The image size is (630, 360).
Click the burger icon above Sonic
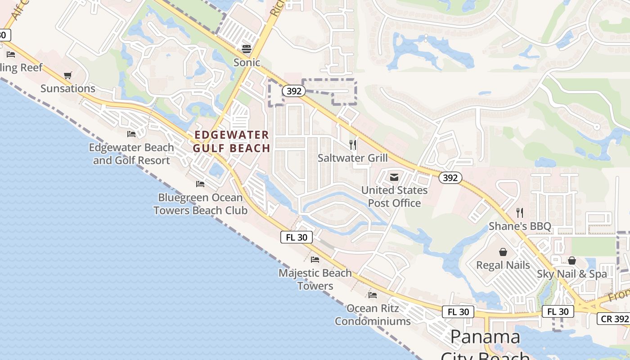tap(247, 48)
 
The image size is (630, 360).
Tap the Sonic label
tap(247, 62)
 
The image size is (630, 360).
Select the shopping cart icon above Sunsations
tap(67, 75)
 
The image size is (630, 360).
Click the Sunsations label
tap(68, 88)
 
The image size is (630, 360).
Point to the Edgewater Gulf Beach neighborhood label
tap(232, 141)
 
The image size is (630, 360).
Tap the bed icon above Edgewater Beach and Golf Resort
tap(131, 134)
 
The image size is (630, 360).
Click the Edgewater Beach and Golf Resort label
tap(131, 154)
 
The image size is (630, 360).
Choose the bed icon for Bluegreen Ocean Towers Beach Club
tap(200, 184)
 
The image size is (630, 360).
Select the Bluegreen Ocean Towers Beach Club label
tap(200, 204)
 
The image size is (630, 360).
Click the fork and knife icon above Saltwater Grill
tap(353, 144)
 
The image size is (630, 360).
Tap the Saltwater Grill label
tap(353, 158)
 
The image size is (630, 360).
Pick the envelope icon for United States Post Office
tap(394, 177)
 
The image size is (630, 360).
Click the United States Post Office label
tap(394, 197)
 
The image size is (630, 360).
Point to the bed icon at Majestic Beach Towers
tap(315, 259)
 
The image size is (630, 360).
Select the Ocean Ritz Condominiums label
tap(373, 315)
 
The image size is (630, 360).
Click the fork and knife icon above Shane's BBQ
tap(520, 212)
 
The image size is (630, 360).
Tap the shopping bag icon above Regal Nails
tap(503, 252)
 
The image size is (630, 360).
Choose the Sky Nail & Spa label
tap(571, 274)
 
